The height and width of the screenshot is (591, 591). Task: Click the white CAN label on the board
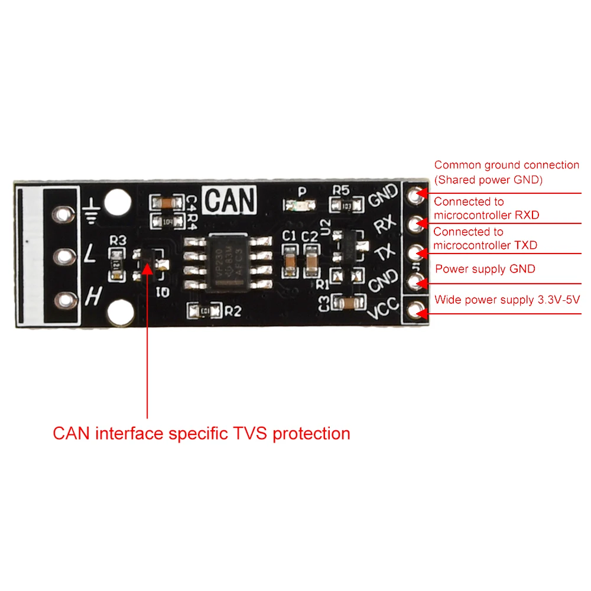[x=230, y=200]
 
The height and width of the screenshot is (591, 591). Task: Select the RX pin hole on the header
[x=419, y=222]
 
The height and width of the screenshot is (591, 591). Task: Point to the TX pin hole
[x=419, y=252]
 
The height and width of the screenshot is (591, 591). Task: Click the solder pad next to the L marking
[x=62, y=256]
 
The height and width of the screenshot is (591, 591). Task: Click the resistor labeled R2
[x=204, y=310]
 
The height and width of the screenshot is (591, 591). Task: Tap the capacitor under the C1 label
[x=290, y=260]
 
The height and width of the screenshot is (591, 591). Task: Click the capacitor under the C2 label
[x=311, y=260]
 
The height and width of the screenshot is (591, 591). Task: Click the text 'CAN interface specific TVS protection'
[x=202, y=433]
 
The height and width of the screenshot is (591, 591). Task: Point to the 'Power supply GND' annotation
[x=485, y=269]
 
